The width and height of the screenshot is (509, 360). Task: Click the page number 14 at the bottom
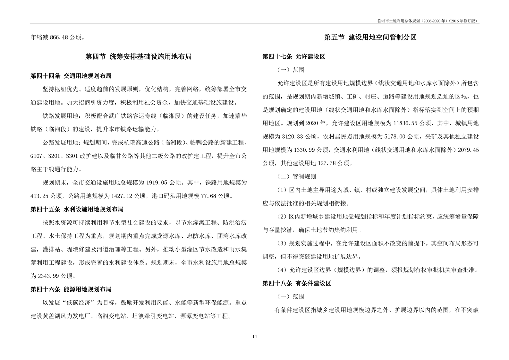click(255, 336)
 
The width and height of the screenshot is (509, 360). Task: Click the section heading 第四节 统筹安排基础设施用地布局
click(138, 57)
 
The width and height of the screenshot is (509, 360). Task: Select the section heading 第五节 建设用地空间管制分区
click(370, 38)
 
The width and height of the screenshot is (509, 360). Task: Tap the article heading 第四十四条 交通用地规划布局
click(71, 76)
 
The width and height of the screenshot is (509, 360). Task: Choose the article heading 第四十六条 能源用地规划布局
click(71, 289)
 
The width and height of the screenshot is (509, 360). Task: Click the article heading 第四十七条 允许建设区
click(294, 56)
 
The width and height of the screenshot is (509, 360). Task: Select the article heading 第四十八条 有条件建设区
click(297, 283)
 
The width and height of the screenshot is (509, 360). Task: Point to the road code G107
click(37, 156)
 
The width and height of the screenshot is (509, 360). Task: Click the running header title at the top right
click(428, 21)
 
